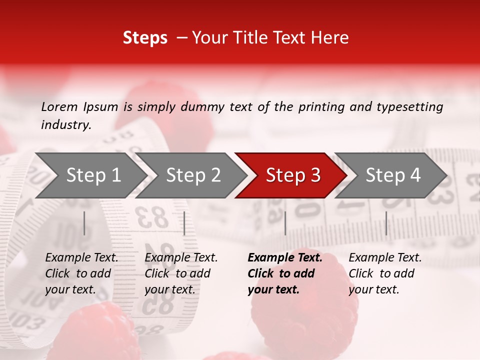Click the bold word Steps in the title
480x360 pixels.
pos(145,38)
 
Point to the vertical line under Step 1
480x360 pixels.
pos(84,223)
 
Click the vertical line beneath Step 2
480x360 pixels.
pos(184,223)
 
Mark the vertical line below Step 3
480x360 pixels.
pos(285,223)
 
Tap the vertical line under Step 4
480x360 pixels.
pos(386,223)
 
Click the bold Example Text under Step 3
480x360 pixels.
pos(285,258)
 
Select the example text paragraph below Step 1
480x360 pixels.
pos(81,273)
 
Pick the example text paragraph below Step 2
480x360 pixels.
pos(181,273)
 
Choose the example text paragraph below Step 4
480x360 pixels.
pos(385,273)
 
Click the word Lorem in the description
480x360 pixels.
pos(59,107)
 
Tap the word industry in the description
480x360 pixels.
pos(65,125)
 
